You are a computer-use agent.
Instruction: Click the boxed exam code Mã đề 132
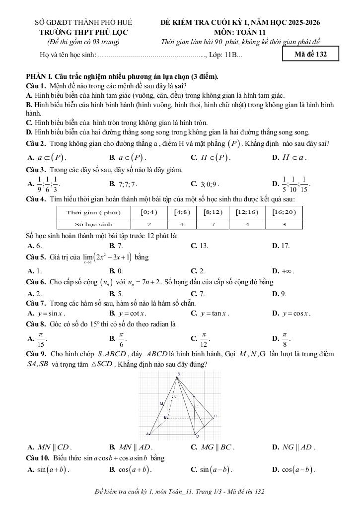coord(310,54)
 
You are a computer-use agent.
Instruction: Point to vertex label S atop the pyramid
coord(178,373)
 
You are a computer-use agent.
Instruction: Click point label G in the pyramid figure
coord(197,406)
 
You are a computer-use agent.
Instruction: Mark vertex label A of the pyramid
coord(147,434)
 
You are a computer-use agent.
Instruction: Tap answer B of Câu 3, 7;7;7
coord(124,184)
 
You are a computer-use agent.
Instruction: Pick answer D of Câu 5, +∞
coord(284,271)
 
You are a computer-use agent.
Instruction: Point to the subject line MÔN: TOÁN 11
coord(243,32)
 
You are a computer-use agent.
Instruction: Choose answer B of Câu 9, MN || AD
coord(127,447)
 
